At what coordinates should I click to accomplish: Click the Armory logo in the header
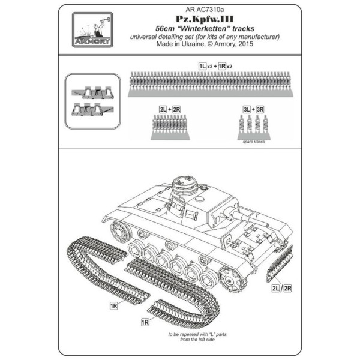pos(92,30)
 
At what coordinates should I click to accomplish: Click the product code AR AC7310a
pos(205,10)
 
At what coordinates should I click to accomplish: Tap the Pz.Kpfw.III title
pos(205,19)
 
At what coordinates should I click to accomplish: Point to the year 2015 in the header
pos(245,44)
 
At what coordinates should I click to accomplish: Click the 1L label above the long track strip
pos(203,66)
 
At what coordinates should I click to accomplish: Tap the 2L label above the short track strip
pos(163,110)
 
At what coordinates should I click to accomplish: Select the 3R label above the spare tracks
pos(260,110)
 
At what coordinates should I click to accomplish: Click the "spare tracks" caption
pos(254,142)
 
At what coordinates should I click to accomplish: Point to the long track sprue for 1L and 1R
pos(211,84)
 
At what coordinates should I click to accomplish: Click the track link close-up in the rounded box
pos(92,101)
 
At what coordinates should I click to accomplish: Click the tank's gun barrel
pos(251,218)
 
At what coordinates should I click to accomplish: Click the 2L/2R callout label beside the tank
pos(281,288)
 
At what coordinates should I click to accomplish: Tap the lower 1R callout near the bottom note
pos(145,322)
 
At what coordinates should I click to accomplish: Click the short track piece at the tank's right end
pos(280,263)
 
